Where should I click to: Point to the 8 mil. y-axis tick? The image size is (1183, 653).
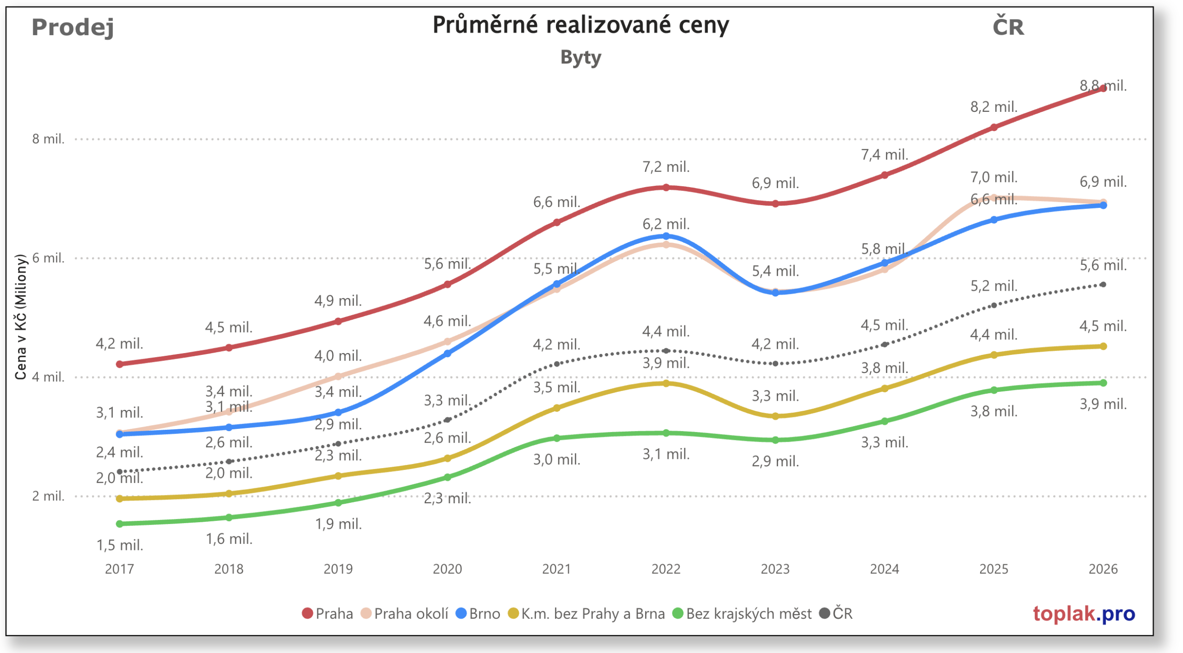pyautogui.click(x=48, y=139)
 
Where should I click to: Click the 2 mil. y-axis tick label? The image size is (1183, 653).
pyautogui.click(x=48, y=496)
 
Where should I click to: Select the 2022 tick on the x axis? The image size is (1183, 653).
pyautogui.click(x=665, y=569)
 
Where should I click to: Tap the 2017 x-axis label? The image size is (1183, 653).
pyautogui.click(x=119, y=569)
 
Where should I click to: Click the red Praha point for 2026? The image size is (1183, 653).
pyautogui.click(x=1103, y=89)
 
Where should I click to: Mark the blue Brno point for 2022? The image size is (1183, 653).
pyautogui.click(x=666, y=236)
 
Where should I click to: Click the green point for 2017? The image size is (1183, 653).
pyautogui.click(x=120, y=524)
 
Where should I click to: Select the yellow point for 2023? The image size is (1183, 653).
pyautogui.click(x=775, y=416)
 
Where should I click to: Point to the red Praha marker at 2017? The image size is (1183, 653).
pyautogui.click(x=120, y=364)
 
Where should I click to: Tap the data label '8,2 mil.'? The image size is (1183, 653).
pyautogui.click(x=994, y=107)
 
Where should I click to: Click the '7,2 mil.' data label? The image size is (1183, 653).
pyautogui.click(x=666, y=167)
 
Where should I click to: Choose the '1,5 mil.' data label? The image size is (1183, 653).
pyautogui.click(x=120, y=545)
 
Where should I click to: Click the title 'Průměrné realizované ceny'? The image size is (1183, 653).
pyautogui.click(x=580, y=25)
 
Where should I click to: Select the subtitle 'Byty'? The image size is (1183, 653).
pyautogui.click(x=580, y=57)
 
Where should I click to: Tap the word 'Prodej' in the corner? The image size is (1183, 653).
pyautogui.click(x=73, y=27)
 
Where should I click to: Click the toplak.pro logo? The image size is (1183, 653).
pyautogui.click(x=1084, y=614)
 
